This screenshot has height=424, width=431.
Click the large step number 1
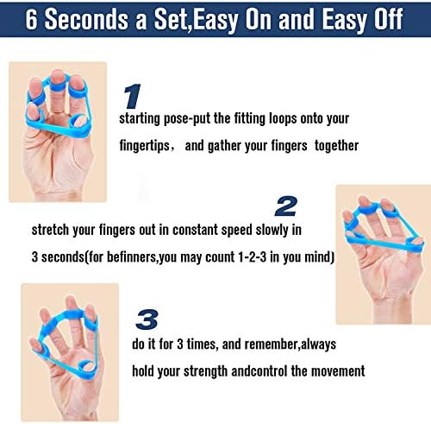(131, 95)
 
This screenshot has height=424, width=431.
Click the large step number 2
(286, 206)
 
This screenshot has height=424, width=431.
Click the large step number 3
(147, 319)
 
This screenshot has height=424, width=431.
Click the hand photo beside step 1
(57, 131)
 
